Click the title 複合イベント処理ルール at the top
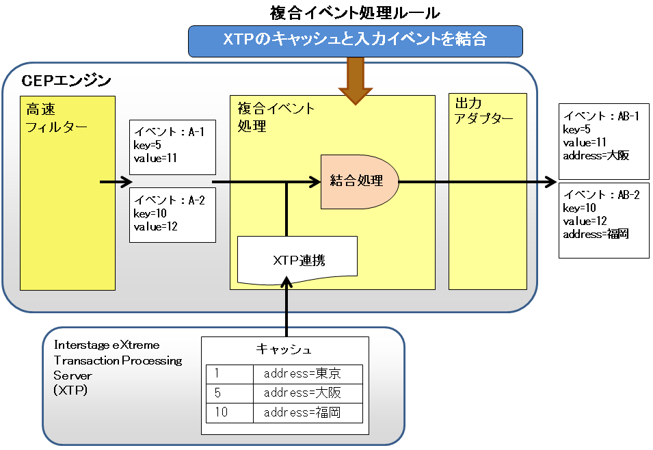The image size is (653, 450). [x=355, y=13]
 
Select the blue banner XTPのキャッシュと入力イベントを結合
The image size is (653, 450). [x=356, y=41]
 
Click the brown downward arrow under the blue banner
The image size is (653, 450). [x=356, y=81]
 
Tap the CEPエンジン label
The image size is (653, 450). [x=66, y=80]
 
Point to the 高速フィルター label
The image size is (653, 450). [x=56, y=118]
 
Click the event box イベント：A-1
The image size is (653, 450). [x=172, y=147]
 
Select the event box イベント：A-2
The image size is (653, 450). [x=172, y=215]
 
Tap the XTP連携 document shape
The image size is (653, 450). [x=297, y=260]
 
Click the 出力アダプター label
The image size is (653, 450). [x=483, y=110]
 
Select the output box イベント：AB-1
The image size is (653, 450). [x=604, y=142]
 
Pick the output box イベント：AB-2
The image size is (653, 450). [x=604, y=220]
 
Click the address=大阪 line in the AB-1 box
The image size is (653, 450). [x=596, y=155]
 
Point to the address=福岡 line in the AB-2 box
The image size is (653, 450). [x=596, y=234]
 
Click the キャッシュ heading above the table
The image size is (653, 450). [x=284, y=349]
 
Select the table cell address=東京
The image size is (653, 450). [x=302, y=373]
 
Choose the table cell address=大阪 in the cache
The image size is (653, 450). [x=302, y=393]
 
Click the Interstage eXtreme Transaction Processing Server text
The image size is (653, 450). [x=118, y=367]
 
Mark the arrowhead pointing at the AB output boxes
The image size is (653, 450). [x=551, y=182]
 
